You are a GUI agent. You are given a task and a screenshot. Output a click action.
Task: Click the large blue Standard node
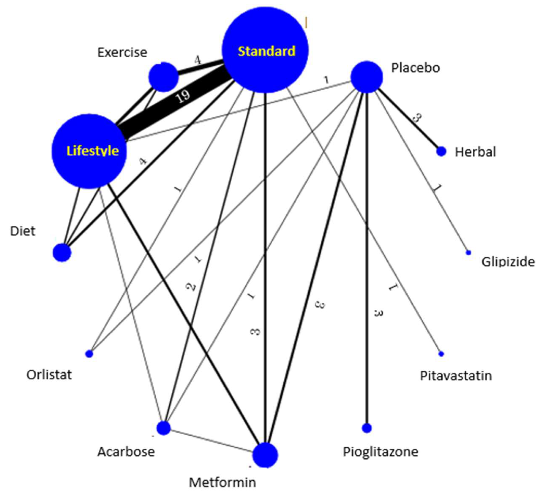265,50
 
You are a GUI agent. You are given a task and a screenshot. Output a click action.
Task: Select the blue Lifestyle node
89,151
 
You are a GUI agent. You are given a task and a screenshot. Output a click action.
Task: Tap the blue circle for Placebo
366,77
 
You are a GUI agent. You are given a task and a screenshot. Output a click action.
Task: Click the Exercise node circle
163,77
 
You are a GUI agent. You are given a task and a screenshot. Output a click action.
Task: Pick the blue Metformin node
265,455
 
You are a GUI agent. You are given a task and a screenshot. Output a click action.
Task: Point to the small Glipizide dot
468,253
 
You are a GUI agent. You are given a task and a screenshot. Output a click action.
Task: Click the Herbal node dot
441,151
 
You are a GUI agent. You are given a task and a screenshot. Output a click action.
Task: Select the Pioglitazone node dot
366,428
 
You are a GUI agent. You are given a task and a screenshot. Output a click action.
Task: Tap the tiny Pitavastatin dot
441,354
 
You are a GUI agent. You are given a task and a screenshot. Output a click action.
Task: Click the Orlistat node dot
89,354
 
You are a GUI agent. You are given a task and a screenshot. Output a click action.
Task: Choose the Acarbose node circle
163,428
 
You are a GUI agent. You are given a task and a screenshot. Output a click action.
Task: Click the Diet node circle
62,253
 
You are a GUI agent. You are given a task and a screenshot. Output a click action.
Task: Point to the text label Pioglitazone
381,452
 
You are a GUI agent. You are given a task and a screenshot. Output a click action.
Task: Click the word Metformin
222,482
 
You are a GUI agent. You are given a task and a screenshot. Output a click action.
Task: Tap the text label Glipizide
508,262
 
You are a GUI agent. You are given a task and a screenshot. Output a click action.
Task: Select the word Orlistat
49,375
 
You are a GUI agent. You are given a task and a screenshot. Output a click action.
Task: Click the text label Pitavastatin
456,376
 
